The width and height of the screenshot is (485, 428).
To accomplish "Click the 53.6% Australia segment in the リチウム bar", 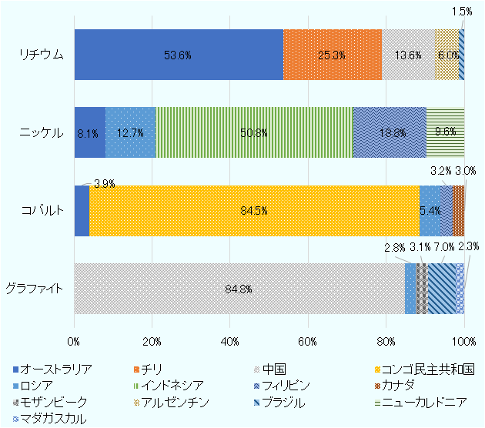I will tap(178, 55).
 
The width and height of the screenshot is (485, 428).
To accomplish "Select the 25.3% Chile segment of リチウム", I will tap(332, 55).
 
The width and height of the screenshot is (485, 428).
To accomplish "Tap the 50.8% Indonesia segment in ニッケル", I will tap(253, 132).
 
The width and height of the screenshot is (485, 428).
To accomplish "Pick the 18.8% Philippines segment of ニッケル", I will tap(390, 132).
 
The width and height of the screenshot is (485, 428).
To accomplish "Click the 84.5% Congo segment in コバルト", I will tap(254, 211).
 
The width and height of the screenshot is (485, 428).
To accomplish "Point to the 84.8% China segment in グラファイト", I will tap(239, 289).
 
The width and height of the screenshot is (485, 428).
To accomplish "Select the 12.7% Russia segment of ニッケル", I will tap(130, 132).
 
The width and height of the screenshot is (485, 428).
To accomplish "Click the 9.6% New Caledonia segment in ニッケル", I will tap(445, 132).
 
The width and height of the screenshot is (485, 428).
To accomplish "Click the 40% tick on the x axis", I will tap(229, 341).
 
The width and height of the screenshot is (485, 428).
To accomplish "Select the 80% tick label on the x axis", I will tap(386, 341).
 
